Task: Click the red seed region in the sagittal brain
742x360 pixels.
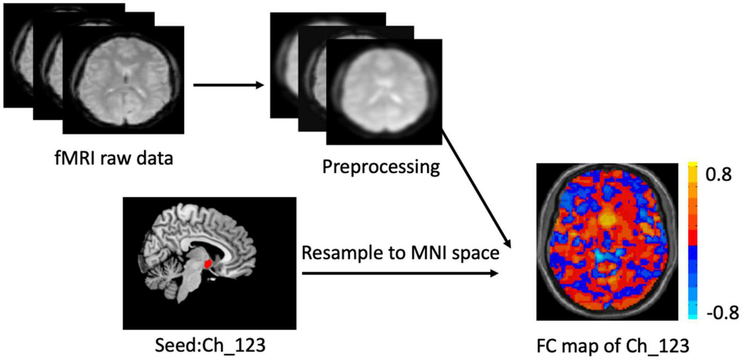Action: coord(208,264)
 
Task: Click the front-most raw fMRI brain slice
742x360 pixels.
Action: coord(123,79)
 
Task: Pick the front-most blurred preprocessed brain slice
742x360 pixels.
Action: coord(384,91)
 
